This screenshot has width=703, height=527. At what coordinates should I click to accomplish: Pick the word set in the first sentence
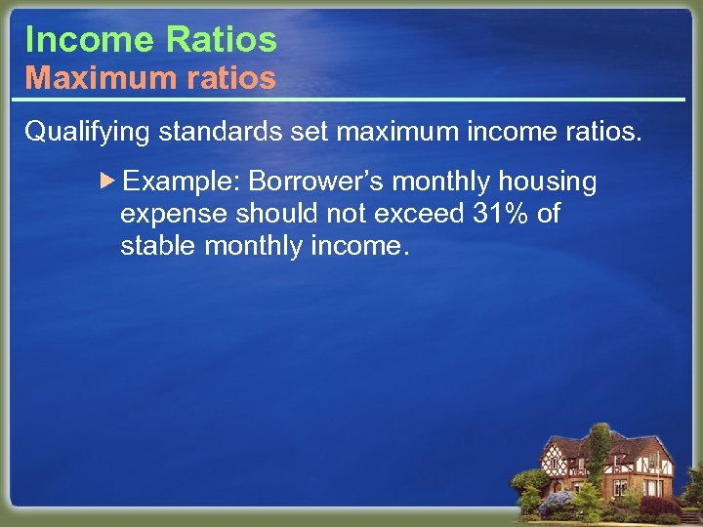tap(308, 132)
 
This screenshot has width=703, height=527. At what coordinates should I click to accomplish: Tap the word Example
tap(184, 182)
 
